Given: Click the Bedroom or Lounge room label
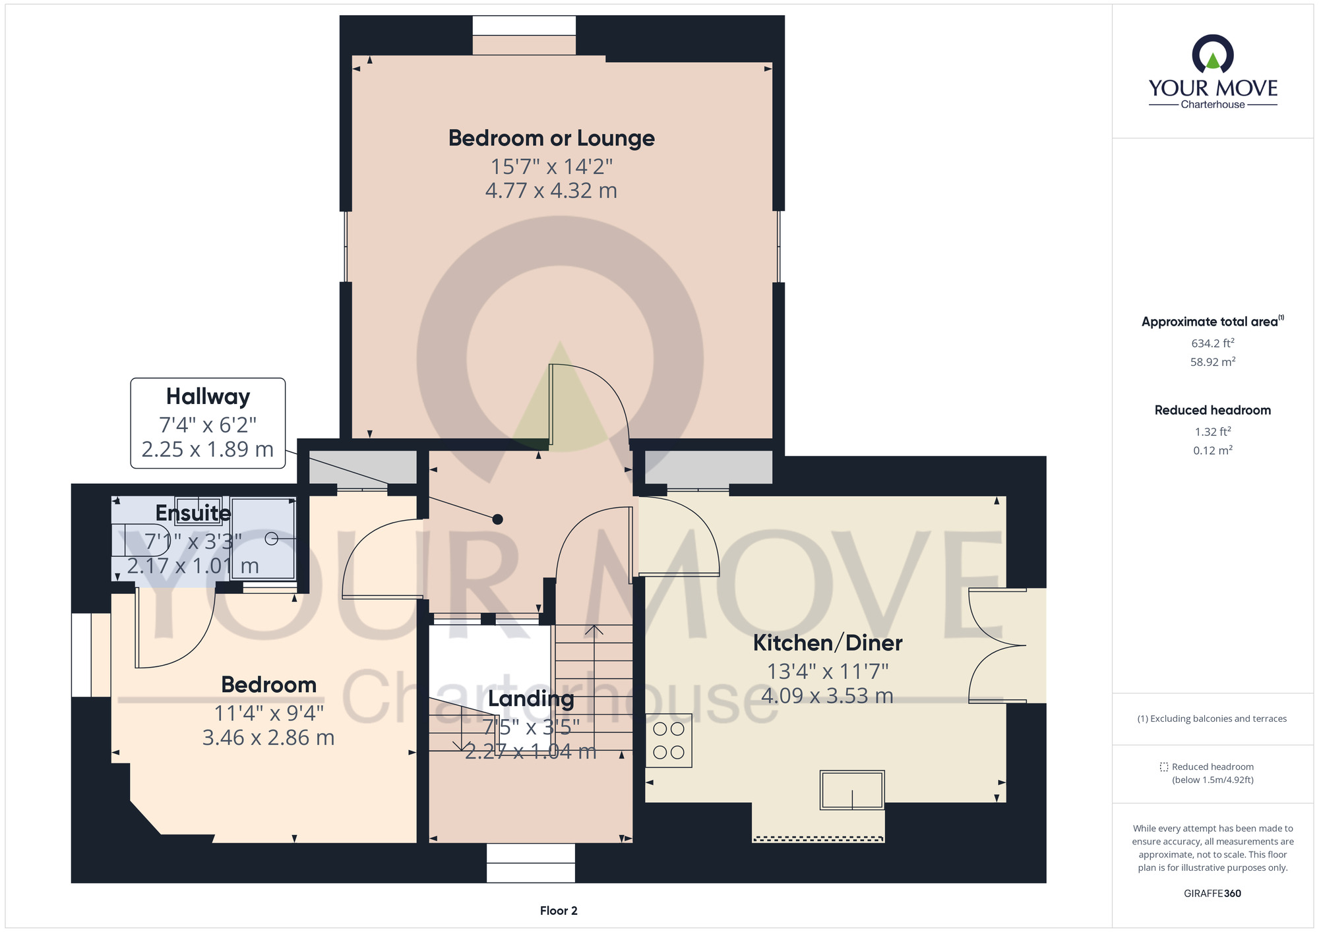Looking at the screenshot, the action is tap(551, 138).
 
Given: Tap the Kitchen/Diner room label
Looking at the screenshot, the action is tap(828, 643).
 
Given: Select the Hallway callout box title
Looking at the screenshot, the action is tap(208, 397).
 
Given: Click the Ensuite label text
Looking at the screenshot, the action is tap(193, 512).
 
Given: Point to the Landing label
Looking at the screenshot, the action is tap(531, 699).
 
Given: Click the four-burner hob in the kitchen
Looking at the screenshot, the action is tap(669, 741).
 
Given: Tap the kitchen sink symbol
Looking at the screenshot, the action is tap(852, 790).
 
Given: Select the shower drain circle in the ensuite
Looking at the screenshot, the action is tap(271, 539).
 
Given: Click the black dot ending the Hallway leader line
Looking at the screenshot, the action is tap(498, 519).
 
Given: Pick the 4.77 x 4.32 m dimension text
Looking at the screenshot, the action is tap(551, 191).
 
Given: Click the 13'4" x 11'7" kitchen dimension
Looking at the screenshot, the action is tap(828, 672).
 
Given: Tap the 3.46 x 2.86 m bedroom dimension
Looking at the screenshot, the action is tap(268, 738).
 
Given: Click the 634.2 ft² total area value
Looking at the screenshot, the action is tap(1213, 343).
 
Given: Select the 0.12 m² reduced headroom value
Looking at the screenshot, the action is tap(1213, 450).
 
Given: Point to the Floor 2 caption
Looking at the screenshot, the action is tap(559, 911).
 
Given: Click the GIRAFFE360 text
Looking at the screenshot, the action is tap(1212, 894).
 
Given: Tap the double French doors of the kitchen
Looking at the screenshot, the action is tap(998, 645).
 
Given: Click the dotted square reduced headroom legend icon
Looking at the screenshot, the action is tap(1164, 767).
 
